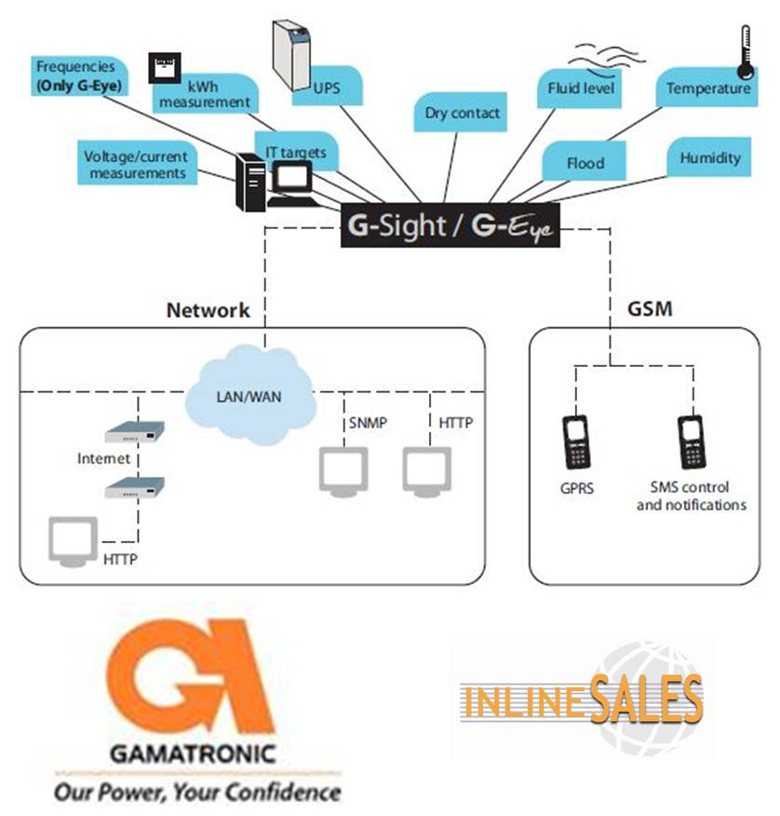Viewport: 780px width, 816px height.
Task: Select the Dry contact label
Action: pos(463,114)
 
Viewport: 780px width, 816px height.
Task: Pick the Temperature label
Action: pos(707,88)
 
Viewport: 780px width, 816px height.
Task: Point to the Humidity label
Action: pos(709,157)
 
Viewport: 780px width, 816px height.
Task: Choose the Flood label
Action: pos(585,163)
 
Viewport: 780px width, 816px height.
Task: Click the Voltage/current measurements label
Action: pos(135,165)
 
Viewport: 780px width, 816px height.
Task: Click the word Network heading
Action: pos(208,309)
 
